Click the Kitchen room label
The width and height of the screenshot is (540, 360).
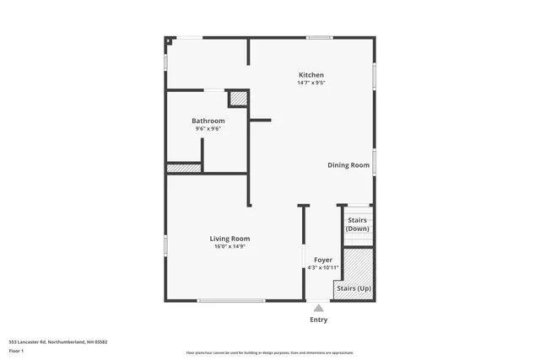coord(310,75)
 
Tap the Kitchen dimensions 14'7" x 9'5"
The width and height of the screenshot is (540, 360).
coord(310,83)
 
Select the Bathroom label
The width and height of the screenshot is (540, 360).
coord(208,121)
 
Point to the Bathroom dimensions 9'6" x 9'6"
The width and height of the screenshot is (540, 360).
coord(208,128)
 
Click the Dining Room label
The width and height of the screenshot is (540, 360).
coord(348,165)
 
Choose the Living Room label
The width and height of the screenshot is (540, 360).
coord(229,239)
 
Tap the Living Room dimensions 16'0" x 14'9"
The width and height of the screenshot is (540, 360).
coord(229,246)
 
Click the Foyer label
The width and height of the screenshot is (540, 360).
coord(322,260)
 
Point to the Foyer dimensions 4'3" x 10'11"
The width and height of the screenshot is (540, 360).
coord(322,267)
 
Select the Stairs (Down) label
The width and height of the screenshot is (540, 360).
coord(358,224)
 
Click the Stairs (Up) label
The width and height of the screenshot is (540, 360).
coord(354,288)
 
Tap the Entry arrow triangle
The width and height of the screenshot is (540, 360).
coord(318,309)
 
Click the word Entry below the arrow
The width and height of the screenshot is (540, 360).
coord(318,320)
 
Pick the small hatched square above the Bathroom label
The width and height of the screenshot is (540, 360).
coord(239,99)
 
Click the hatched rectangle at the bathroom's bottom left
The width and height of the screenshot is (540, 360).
coord(183,169)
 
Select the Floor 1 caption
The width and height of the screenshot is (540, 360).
coord(16,350)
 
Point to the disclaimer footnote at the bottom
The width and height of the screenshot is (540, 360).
coord(269,352)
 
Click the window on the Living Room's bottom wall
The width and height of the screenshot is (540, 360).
coord(231,301)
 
